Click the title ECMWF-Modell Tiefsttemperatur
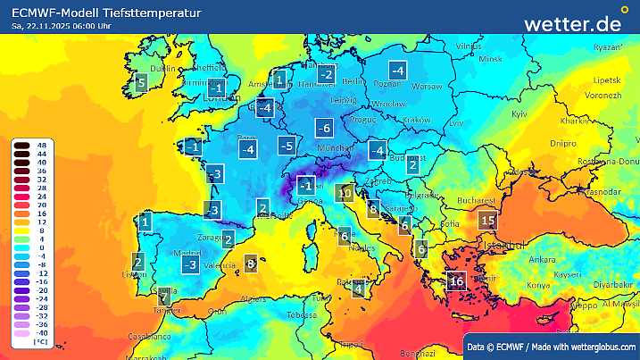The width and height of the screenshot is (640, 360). pyautogui.click(x=106, y=13)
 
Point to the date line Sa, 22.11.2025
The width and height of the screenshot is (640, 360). pyautogui.click(x=62, y=27)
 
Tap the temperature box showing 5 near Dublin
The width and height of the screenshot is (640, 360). pyautogui.click(x=140, y=84)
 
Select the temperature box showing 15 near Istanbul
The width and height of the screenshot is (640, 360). pyautogui.click(x=487, y=220)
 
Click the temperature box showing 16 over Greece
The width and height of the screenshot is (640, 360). pyautogui.click(x=456, y=281)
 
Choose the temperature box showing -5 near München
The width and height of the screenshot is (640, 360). pyautogui.click(x=287, y=145)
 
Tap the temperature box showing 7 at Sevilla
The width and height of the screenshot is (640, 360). pyautogui.click(x=163, y=294)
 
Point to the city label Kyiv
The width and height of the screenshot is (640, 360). pyautogui.click(x=519, y=114)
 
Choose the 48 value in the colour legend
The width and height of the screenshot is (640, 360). pyautogui.click(x=41, y=145)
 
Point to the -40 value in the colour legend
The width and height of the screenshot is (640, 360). pyautogui.click(x=41, y=333)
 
